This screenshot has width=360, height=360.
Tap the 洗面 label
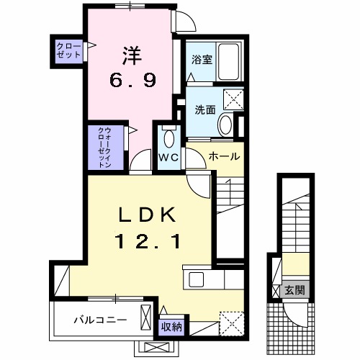[204, 110]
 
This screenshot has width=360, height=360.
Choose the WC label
[169, 156]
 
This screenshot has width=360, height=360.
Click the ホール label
[224, 156]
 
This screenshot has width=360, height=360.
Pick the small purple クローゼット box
[69, 51]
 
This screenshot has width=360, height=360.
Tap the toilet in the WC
[170, 138]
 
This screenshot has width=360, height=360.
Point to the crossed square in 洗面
[233, 99]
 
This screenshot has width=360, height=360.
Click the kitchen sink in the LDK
[197, 278]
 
